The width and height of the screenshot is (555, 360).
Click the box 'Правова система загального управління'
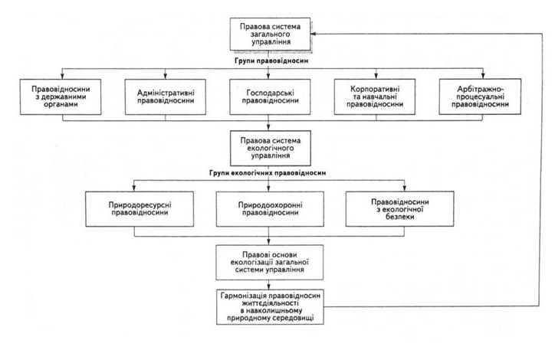(x=270, y=34)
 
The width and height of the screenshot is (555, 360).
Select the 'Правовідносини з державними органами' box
(x=61, y=97)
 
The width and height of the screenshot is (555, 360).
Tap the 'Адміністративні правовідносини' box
(x=166, y=97)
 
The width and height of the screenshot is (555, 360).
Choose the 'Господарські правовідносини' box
(x=270, y=97)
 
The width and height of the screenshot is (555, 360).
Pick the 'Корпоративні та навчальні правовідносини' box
(x=375, y=97)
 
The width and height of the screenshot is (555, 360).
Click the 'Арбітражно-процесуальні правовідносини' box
(x=480, y=97)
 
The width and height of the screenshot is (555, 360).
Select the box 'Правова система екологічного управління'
(x=271, y=148)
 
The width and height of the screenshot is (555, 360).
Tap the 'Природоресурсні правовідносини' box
(x=140, y=209)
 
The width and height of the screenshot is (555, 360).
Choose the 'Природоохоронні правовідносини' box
(x=270, y=209)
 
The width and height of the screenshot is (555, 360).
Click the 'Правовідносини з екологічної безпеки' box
(x=399, y=209)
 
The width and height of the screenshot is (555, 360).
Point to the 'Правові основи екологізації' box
(x=270, y=263)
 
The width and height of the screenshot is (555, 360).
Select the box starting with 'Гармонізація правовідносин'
(x=270, y=307)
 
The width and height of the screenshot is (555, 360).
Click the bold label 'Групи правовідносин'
(x=271, y=61)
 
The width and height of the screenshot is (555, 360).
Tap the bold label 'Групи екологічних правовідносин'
(x=268, y=173)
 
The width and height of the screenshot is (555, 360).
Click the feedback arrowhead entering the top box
(x=314, y=34)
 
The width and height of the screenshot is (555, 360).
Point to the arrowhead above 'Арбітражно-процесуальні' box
(x=483, y=76)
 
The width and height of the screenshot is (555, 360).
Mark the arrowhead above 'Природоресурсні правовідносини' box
(x=134, y=188)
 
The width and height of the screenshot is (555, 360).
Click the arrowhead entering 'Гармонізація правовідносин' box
(x=268, y=286)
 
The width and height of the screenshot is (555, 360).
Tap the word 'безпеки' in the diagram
(x=399, y=217)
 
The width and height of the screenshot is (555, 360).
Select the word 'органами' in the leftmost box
(x=61, y=105)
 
